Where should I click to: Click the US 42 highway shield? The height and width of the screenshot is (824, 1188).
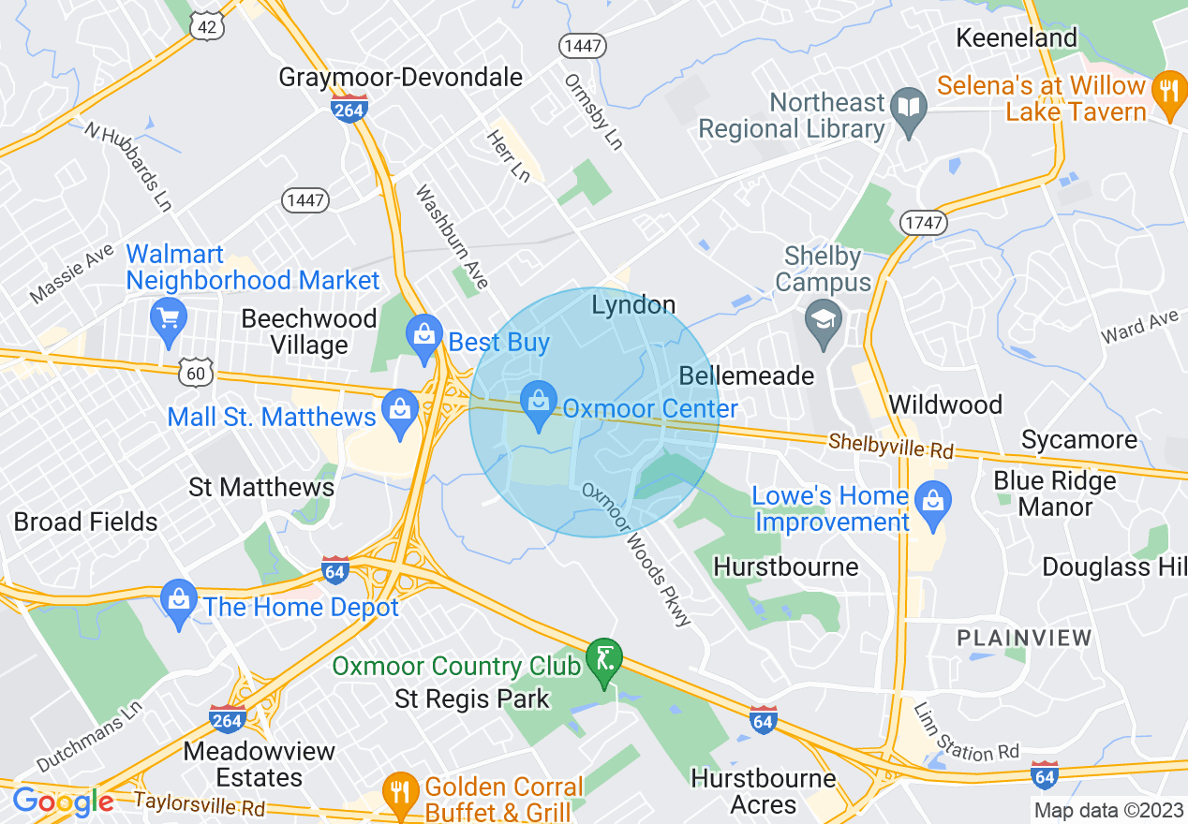[x=207, y=27]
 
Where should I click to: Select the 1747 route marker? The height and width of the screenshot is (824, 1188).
[x=923, y=222]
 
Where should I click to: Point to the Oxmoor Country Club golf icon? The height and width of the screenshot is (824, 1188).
[x=604, y=659]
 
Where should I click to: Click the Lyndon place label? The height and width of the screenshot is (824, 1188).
[x=633, y=305]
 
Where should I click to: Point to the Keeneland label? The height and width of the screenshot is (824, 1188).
[x=1017, y=38]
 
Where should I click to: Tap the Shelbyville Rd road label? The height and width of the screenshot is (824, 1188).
[x=890, y=446]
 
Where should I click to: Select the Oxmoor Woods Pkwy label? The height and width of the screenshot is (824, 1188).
[x=636, y=554]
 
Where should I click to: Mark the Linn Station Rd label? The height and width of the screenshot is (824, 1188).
[x=965, y=732]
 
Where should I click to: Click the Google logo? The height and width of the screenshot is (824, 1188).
[x=63, y=802]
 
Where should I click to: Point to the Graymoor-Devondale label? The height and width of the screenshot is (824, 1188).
[x=400, y=77]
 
